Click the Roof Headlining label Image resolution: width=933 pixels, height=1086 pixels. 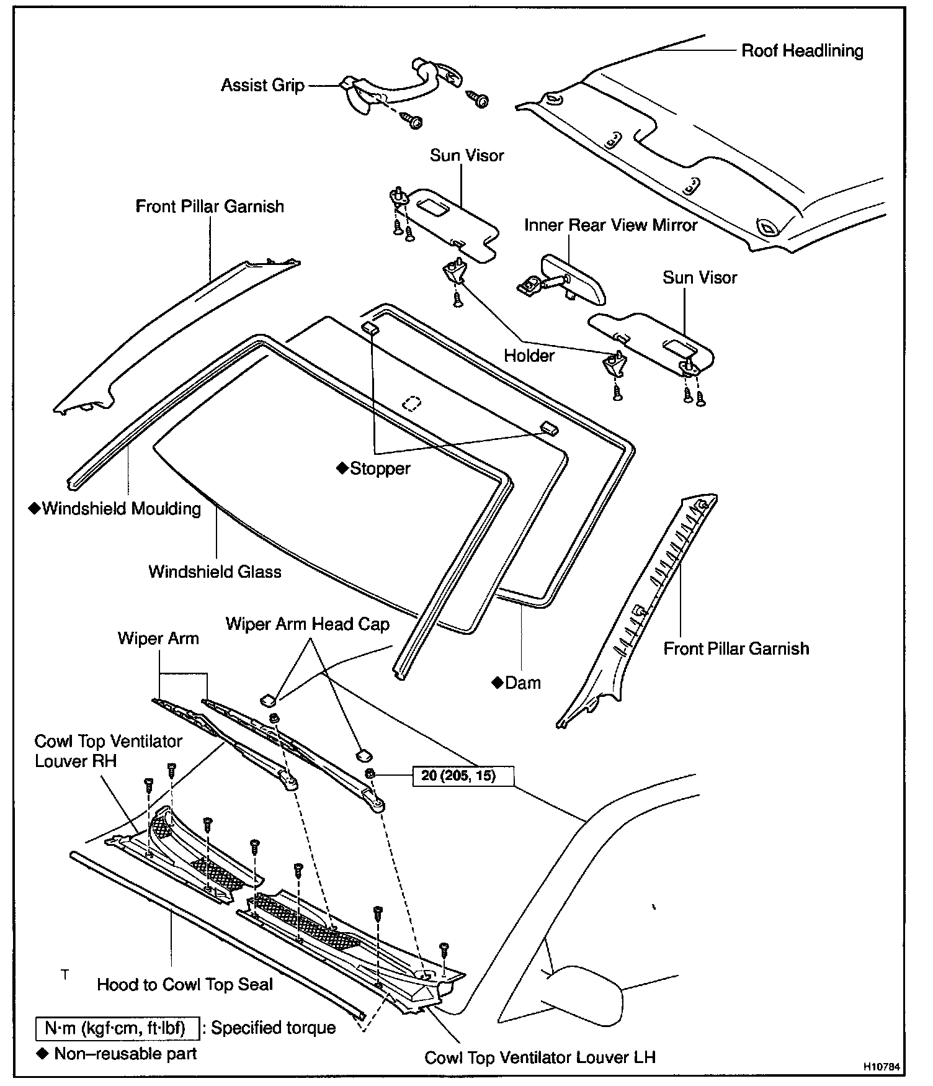pyautogui.click(x=801, y=50)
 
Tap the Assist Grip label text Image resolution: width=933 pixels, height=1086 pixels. pyautogui.click(x=262, y=85)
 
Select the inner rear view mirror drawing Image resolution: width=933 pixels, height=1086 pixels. pyautogui.click(x=574, y=279)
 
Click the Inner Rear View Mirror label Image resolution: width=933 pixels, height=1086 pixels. pyautogui.click(x=610, y=225)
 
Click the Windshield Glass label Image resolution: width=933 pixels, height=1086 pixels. pyautogui.click(x=215, y=572)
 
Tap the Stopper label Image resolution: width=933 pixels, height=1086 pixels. pyautogui.click(x=380, y=469)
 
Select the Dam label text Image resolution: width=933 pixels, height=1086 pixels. pyautogui.click(x=522, y=683)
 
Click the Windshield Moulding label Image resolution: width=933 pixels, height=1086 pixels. pyautogui.click(x=121, y=509)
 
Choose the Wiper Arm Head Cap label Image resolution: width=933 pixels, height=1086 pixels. pyautogui.click(x=307, y=624)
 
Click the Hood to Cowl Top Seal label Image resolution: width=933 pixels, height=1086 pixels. pyautogui.click(x=185, y=984)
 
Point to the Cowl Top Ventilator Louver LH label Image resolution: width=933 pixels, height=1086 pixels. pyautogui.click(x=540, y=1057)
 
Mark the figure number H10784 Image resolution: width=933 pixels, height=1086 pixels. pyautogui.click(x=881, y=1066)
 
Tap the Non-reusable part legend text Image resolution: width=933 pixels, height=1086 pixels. pyautogui.click(x=125, y=1053)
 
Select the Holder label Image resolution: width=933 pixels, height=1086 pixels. pyautogui.click(x=529, y=356)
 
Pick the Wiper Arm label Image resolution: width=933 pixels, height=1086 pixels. pyautogui.click(x=158, y=639)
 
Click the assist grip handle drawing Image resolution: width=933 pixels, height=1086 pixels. pyautogui.click(x=397, y=84)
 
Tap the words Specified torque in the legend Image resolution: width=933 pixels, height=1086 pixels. pyautogui.click(x=273, y=1028)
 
